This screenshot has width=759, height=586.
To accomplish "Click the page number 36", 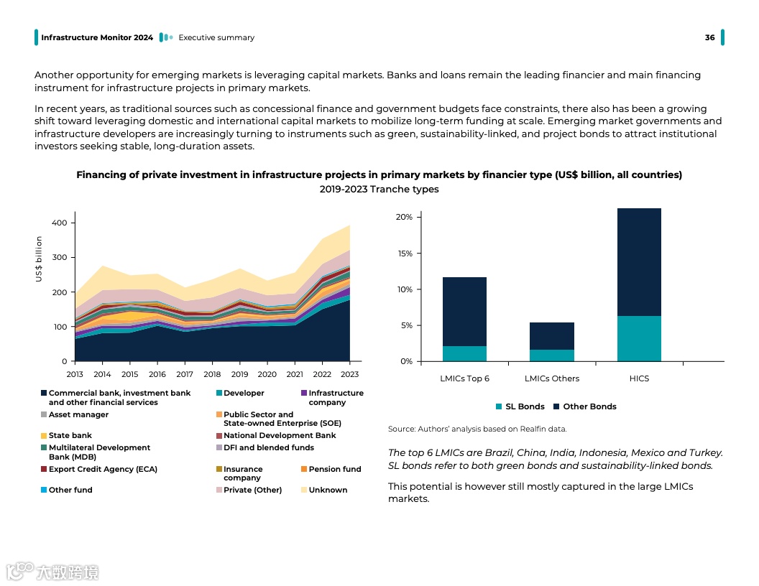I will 709,37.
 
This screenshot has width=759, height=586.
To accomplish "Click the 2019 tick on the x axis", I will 239,374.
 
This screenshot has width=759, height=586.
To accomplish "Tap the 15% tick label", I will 404,254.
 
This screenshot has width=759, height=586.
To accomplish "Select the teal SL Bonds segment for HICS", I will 639,338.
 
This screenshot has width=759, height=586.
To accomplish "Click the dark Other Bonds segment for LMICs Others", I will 551,336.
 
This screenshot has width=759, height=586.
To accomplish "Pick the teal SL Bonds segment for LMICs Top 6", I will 464,353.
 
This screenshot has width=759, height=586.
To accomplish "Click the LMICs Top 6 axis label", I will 464,378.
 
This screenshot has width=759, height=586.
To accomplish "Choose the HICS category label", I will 639,378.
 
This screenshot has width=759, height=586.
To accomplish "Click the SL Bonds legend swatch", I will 500,406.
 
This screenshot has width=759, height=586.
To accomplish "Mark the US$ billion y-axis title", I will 39,269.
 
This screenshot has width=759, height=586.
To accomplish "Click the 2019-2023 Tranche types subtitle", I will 379,190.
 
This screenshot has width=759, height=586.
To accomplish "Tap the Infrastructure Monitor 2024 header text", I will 97,37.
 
